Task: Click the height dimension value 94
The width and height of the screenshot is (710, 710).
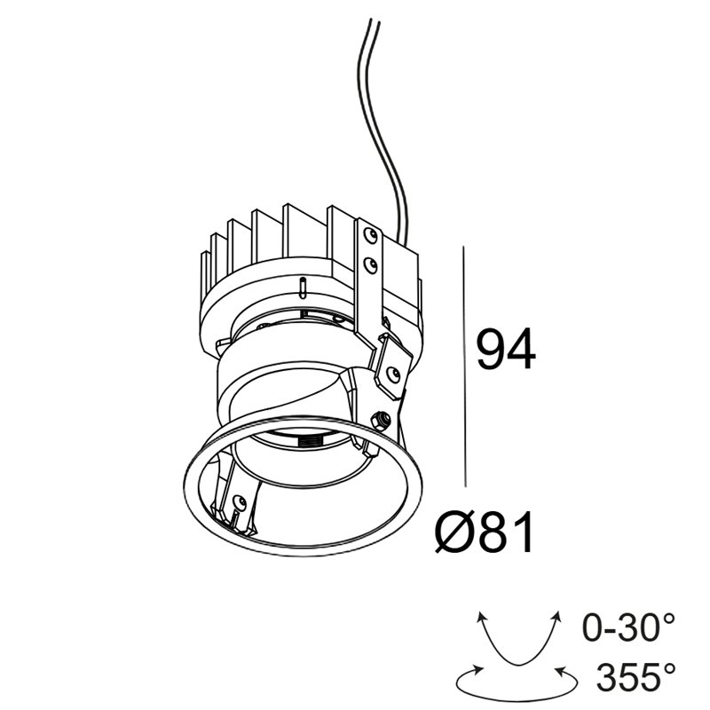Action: click(x=506, y=349)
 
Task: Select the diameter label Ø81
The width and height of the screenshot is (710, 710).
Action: click(x=485, y=532)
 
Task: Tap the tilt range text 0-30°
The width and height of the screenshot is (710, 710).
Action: click(x=628, y=627)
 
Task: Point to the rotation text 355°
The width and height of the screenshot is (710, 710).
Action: click(x=635, y=677)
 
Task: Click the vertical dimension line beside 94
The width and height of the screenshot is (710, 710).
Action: click(x=464, y=367)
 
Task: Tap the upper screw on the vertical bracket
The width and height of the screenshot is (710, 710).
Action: click(x=371, y=235)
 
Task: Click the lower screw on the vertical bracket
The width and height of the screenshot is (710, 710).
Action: click(x=370, y=264)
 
